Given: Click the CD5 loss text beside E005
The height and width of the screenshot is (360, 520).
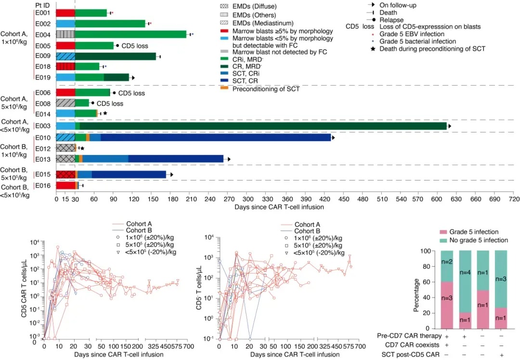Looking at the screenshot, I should click(134, 46).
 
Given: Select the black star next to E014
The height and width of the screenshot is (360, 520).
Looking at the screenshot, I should click(105, 113).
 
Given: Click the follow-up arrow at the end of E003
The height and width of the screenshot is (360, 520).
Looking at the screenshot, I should click(449, 126).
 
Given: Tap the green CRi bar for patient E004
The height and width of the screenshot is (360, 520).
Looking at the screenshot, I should click(130, 34).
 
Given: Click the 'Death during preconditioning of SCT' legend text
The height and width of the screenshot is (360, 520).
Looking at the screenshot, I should click(432, 49).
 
